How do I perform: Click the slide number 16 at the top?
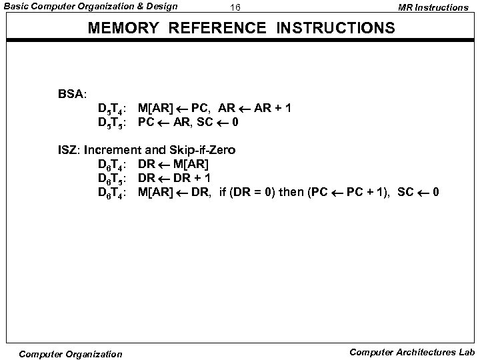click(235, 7)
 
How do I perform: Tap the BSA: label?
click(73, 93)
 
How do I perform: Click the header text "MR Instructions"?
click(433, 7)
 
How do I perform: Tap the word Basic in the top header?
click(17, 7)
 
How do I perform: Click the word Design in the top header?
click(162, 7)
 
